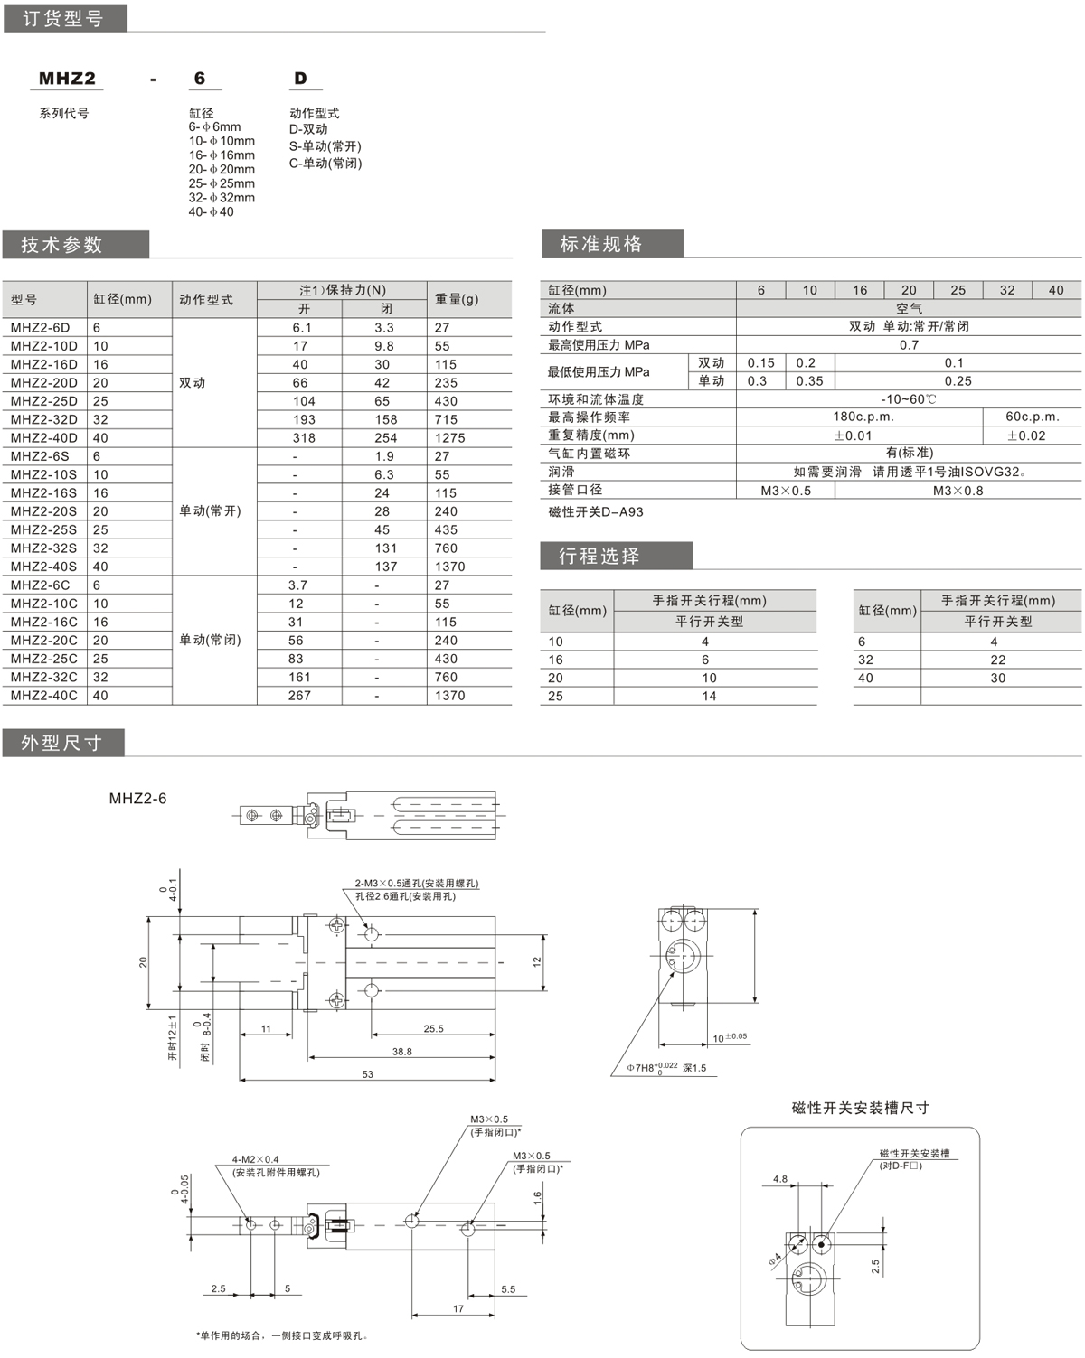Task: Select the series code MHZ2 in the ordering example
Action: click(x=67, y=79)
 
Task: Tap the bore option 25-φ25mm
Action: click(x=222, y=183)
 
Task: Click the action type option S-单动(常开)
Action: click(x=325, y=146)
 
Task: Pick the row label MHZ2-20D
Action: click(x=43, y=383)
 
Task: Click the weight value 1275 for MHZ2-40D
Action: click(x=449, y=438)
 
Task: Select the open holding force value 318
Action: click(x=304, y=438)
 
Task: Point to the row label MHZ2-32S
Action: click(x=43, y=548)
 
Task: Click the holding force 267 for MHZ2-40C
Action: click(x=299, y=696)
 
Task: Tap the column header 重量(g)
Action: click(x=457, y=299)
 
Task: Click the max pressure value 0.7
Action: click(x=909, y=345)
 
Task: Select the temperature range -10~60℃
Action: click(x=909, y=399)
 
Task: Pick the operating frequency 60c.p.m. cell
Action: click(x=1032, y=417)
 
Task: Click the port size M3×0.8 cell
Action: click(x=958, y=491)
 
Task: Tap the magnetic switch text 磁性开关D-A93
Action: click(x=596, y=512)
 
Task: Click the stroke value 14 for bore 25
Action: click(x=709, y=697)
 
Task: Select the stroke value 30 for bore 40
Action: click(x=997, y=679)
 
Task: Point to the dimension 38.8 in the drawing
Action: click(x=401, y=1052)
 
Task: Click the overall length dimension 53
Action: click(x=367, y=1074)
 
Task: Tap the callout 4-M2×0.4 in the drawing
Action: click(x=256, y=1159)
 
